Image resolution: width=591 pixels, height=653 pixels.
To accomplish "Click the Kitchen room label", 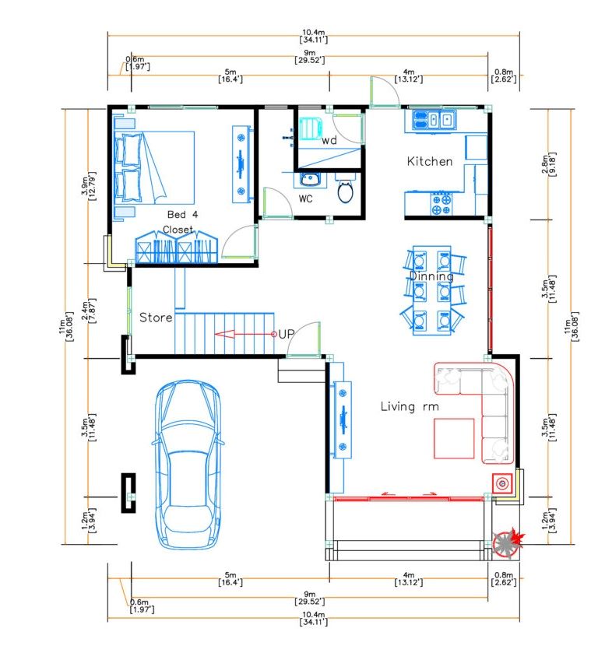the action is coord(430,161).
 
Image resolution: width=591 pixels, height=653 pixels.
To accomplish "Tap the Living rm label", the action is coord(410,406).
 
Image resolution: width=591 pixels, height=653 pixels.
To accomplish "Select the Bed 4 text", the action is coord(182,215).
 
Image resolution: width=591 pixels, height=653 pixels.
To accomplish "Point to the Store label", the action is coord(156,318).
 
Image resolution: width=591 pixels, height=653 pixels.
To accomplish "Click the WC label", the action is coord(305,199).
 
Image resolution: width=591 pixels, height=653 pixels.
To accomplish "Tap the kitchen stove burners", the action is coord(441,204).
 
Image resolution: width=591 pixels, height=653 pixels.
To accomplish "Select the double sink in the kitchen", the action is coord(434,120).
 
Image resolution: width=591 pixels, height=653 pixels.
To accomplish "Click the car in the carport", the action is coord(188,465).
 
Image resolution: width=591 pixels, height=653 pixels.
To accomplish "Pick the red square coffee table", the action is coord(454,438).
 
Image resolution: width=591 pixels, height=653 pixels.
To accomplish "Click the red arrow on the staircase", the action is coord(244,334).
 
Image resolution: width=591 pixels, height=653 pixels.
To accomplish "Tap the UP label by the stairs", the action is coord(287,334).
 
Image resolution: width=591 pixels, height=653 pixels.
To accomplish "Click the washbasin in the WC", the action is coord(310,180).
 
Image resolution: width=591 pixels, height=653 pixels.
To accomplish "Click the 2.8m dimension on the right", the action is coord(548,164).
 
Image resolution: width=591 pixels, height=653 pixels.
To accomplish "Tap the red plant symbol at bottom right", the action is coord(509,542).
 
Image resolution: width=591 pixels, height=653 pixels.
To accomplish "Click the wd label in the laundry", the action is coord(329,140).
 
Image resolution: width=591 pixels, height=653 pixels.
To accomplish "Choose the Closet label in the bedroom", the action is coord(178,230).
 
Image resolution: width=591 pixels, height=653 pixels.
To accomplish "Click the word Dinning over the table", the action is coord(431,276).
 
